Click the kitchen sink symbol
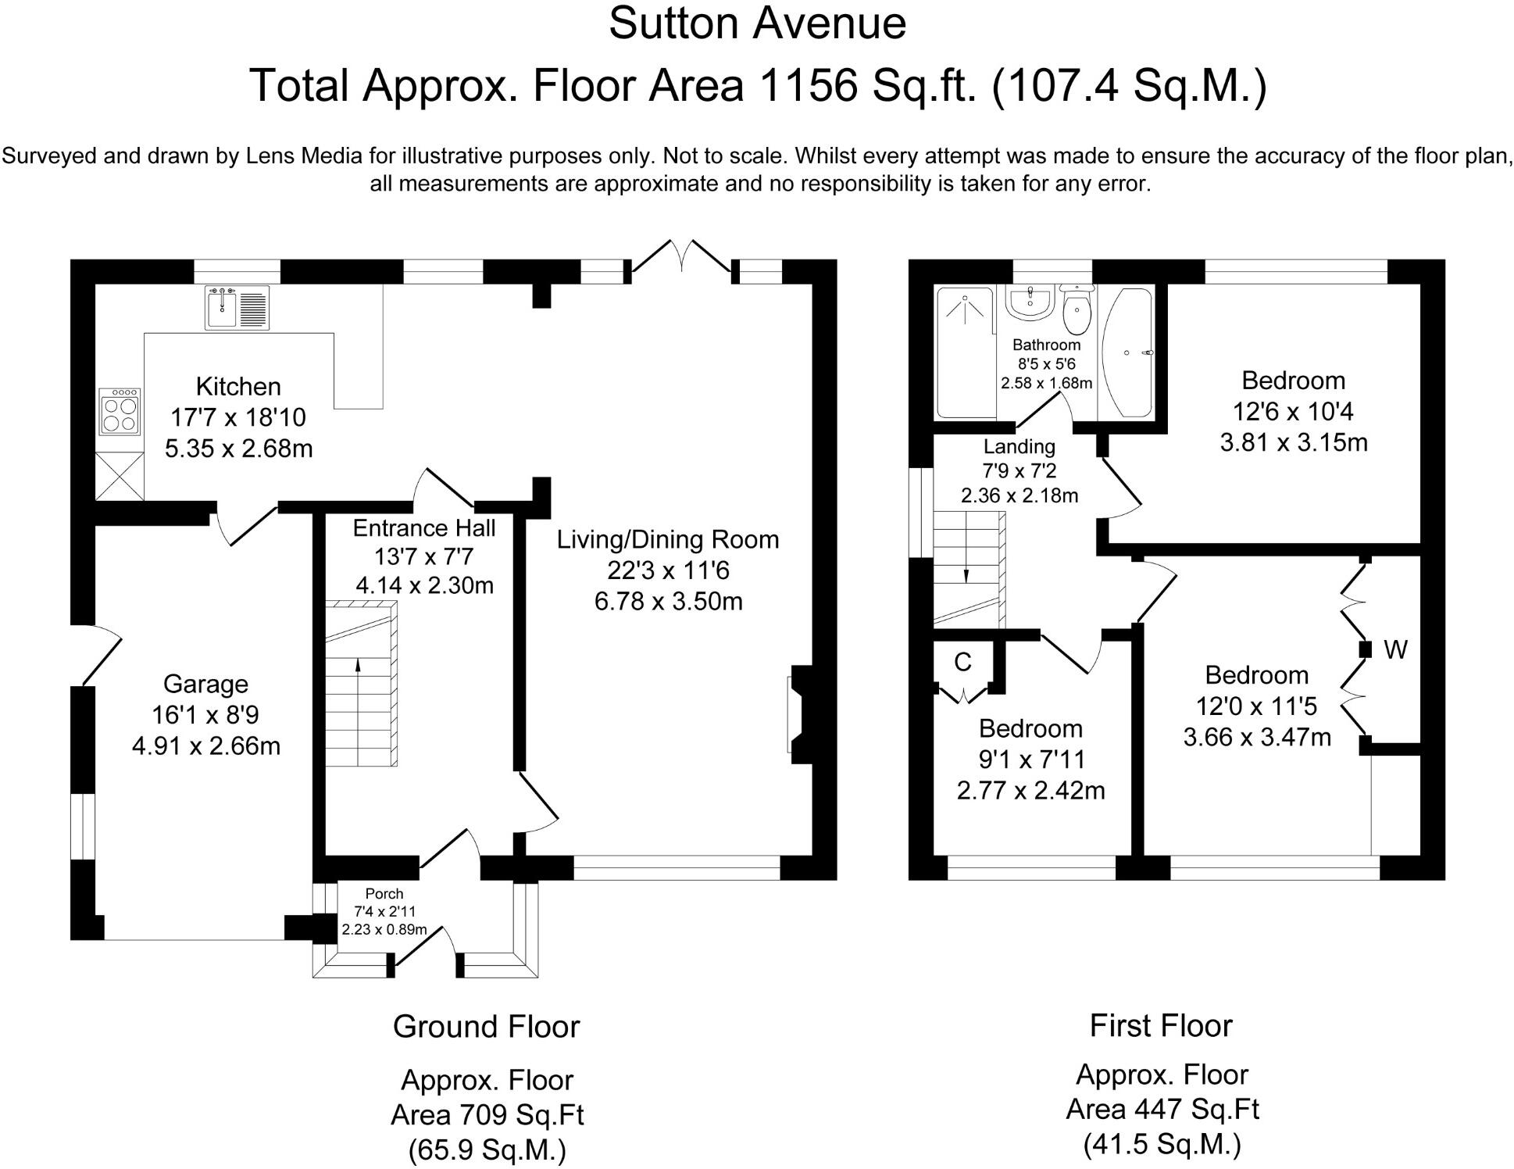click(237, 307)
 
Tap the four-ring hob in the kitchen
click(120, 412)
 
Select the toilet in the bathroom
click(1077, 309)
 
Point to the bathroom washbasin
click(1031, 302)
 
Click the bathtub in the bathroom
click(1127, 353)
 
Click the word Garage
click(205, 685)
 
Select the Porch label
click(384, 893)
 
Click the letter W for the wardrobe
click(1395, 649)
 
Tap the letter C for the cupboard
click(962, 662)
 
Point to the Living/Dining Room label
click(668, 539)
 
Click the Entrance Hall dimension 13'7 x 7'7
click(424, 557)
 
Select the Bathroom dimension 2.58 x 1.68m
click(1046, 383)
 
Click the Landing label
click(1019, 446)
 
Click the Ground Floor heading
click(486, 1027)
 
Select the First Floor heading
click(1161, 1026)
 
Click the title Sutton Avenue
click(757, 23)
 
